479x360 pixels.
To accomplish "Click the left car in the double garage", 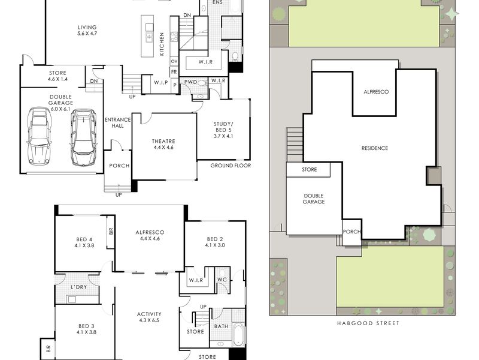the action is point(39,136).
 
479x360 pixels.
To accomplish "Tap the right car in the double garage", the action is point(83,138).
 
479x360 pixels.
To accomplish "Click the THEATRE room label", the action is point(163,141).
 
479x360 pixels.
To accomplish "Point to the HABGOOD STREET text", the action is point(368,323).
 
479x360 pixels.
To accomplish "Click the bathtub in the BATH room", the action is point(238,335).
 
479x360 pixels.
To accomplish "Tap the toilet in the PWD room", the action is point(201,83).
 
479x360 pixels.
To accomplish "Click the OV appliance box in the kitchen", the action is point(174,61).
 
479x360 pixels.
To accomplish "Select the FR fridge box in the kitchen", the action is point(174,72).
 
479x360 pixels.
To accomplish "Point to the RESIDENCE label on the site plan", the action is point(375,148).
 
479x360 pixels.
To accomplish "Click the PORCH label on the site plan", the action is point(351,232).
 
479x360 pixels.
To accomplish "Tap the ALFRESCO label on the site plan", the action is point(376,92).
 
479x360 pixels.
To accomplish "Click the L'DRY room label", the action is point(79,287).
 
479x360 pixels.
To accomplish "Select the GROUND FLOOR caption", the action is point(231,166).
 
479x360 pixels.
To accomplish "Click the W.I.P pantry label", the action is point(160,82).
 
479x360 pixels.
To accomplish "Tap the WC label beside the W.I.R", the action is point(222,280).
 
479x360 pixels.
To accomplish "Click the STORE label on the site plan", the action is point(309,170).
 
